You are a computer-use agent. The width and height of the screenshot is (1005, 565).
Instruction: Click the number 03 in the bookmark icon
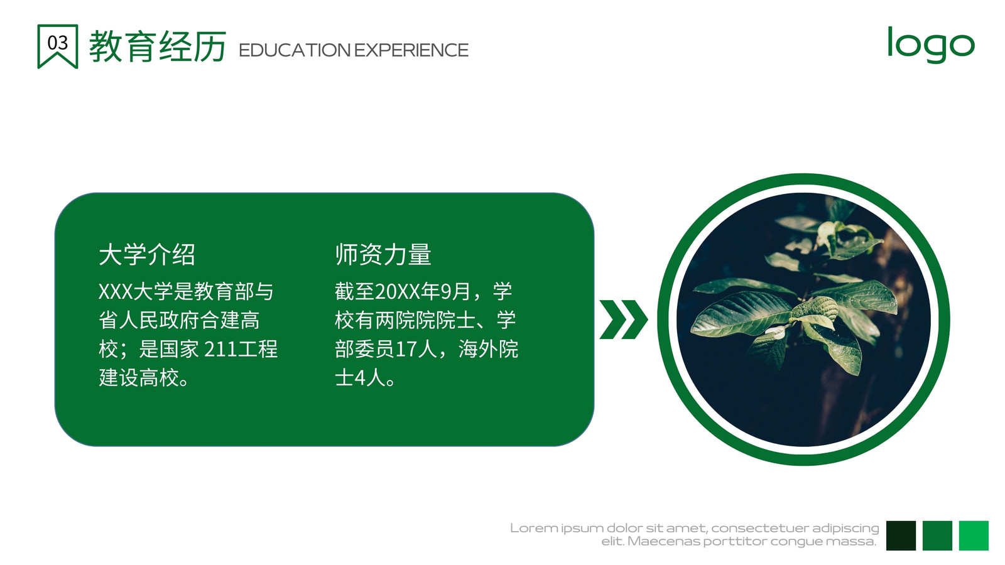57,43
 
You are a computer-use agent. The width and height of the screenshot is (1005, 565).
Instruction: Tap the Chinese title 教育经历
158,46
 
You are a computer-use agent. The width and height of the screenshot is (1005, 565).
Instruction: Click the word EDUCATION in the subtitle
295,50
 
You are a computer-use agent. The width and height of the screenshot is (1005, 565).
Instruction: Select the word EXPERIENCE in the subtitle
411,50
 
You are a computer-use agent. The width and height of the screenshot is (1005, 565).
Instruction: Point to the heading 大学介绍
147,255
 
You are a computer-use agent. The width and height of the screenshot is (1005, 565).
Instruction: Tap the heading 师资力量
383,255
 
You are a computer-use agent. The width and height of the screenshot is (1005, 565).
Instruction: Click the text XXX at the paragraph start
116,291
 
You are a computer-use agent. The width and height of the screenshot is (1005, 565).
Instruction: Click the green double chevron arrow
624,320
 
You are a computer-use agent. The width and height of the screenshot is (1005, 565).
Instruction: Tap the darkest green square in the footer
901,535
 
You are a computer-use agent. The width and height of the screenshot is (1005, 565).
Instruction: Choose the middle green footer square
937,535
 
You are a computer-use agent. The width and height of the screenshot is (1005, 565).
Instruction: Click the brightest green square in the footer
974,535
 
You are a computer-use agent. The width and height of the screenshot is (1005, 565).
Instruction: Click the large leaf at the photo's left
741,313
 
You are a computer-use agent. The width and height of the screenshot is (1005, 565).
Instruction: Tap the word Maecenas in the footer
663,541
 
